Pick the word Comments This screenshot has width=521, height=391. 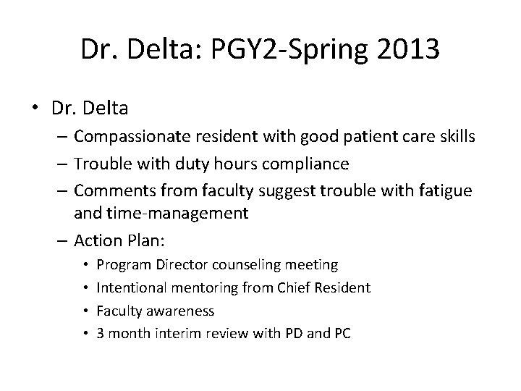coord(109,191)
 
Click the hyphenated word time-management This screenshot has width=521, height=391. coord(186,213)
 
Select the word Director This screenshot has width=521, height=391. coord(179,266)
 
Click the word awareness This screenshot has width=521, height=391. coord(180,311)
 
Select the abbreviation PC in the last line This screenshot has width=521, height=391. coord(342,333)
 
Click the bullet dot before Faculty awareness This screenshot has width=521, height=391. coord(85,311)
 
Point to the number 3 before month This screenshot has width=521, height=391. coord(100,333)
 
